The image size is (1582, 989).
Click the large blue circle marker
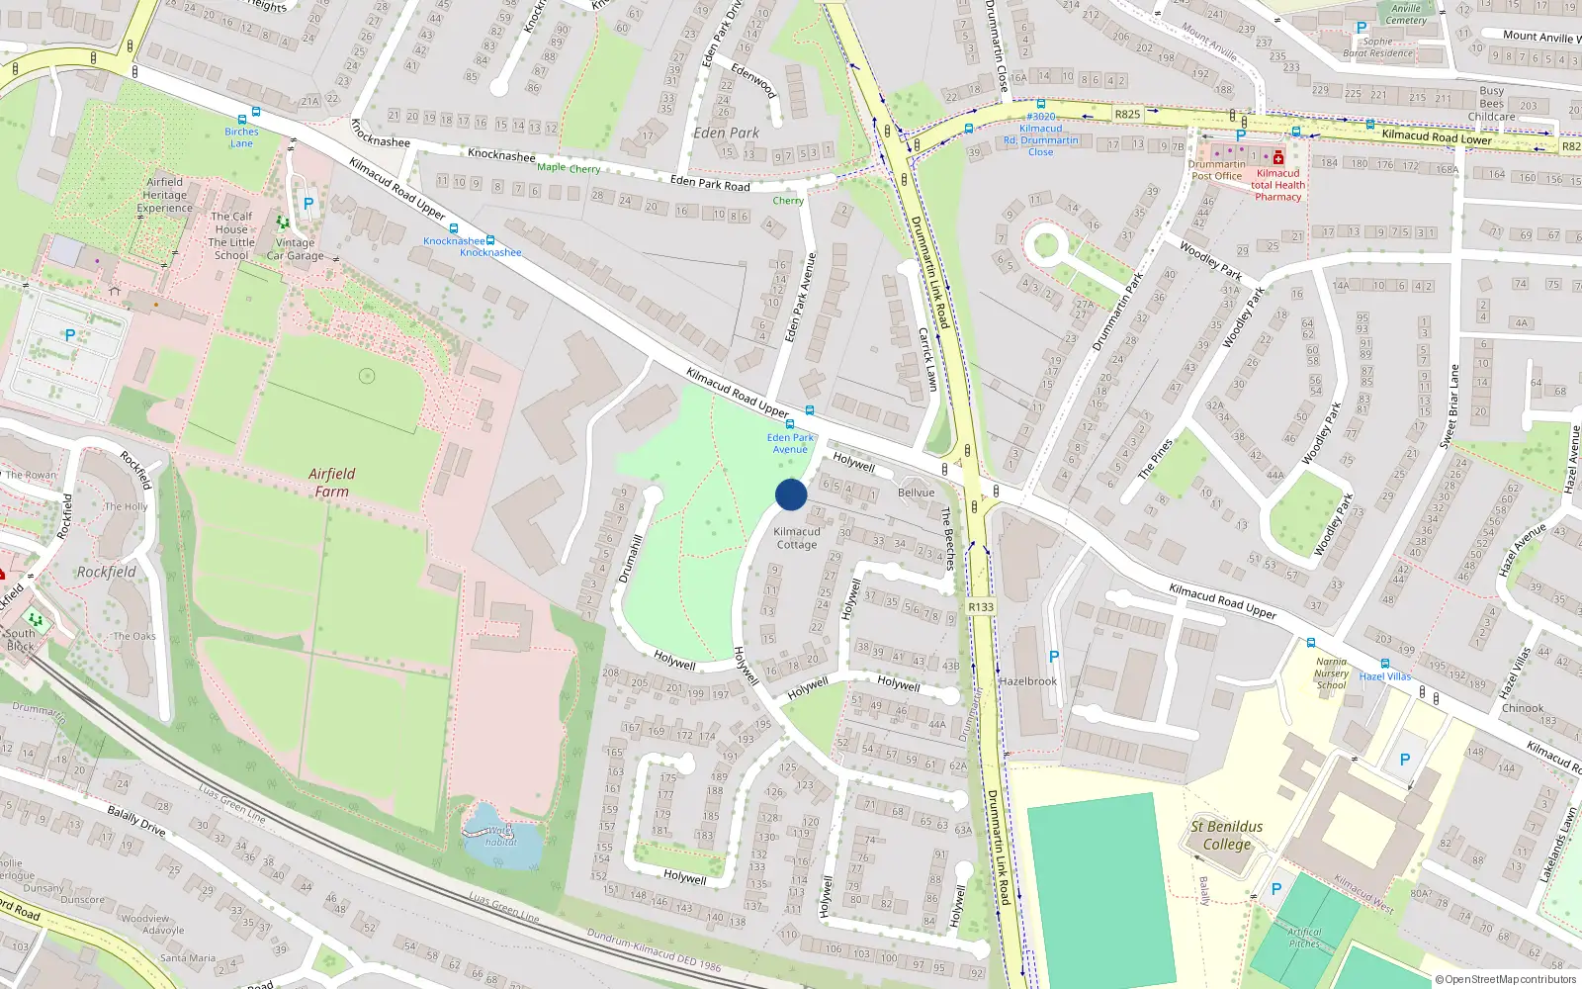coord(791,494)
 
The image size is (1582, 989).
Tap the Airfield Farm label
coord(331,483)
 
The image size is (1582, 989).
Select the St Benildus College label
coord(1226,836)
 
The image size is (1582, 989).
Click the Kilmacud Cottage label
coord(797,538)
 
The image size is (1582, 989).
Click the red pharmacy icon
coord(1278,157)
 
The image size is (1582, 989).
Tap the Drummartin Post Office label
coord(1216,170)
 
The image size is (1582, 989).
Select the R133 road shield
coord(981,607)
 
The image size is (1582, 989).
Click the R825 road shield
coord(1127,114)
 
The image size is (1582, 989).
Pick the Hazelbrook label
coord(1028,681)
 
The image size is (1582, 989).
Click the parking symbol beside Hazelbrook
coord(1054,657)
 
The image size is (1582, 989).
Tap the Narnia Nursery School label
coord(1331,674)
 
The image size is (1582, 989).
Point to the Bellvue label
coord(916,493)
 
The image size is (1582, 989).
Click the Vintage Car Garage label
coord(295,249)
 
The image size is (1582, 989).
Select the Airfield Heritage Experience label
coord(165,195)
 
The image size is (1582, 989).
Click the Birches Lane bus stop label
coord(241,137)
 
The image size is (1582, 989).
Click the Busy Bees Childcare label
coord(1492,104)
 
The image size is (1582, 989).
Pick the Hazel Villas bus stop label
coord(1385,676)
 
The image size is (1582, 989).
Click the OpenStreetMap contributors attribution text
coord(1506,980)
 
